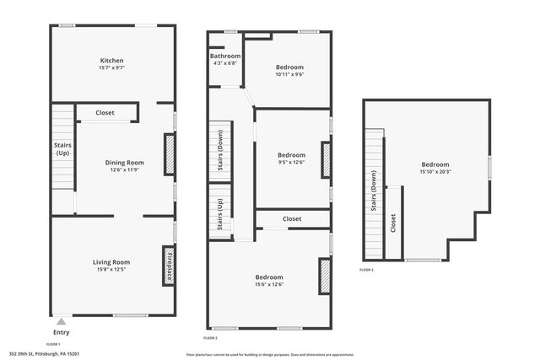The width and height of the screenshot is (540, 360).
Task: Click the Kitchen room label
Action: pyautogui.click(x=112, y=61)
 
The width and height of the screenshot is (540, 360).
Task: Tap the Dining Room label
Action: pyautogui.click(x=124, y=163)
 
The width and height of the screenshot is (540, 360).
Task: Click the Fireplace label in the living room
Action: pyautogui.click(x=168, y=266)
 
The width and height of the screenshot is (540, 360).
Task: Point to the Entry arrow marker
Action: pyautogui.click(x=60, y=320)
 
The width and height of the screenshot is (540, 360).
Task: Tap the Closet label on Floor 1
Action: pyautogui.click(x=105, y=112)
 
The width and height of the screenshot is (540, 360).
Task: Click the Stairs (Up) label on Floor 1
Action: pyautogui.click(x=62, y=149)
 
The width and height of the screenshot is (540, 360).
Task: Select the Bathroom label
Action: pyautogui.click(x=225, y=56)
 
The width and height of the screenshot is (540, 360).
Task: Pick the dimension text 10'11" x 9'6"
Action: pyautogui.click(x=289, y=74)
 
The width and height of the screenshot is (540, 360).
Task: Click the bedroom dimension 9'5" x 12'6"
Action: pyautogui.click(x=291, y=163)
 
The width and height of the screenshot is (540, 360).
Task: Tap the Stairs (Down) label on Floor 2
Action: pyautogui.click(x=220, y=153)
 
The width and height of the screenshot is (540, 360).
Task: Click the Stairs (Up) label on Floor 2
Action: pyautogui.click(x=220, y=214)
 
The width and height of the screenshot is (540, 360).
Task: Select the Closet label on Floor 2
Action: pyautogui.click(x=292, y=219)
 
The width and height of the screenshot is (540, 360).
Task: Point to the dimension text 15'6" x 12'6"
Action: pyautogui.click(x=269, y=284)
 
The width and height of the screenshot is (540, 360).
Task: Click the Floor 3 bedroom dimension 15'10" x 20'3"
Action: pyautogui.click(x=435, y=171)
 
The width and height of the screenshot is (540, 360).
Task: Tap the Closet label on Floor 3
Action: pyautogui.click(x=393, y=223)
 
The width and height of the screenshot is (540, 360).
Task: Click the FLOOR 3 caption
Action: pyautogui.click(x=366, y=270)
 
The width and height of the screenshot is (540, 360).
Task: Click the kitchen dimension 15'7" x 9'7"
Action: pyautogui.click(x=112, y=67)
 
